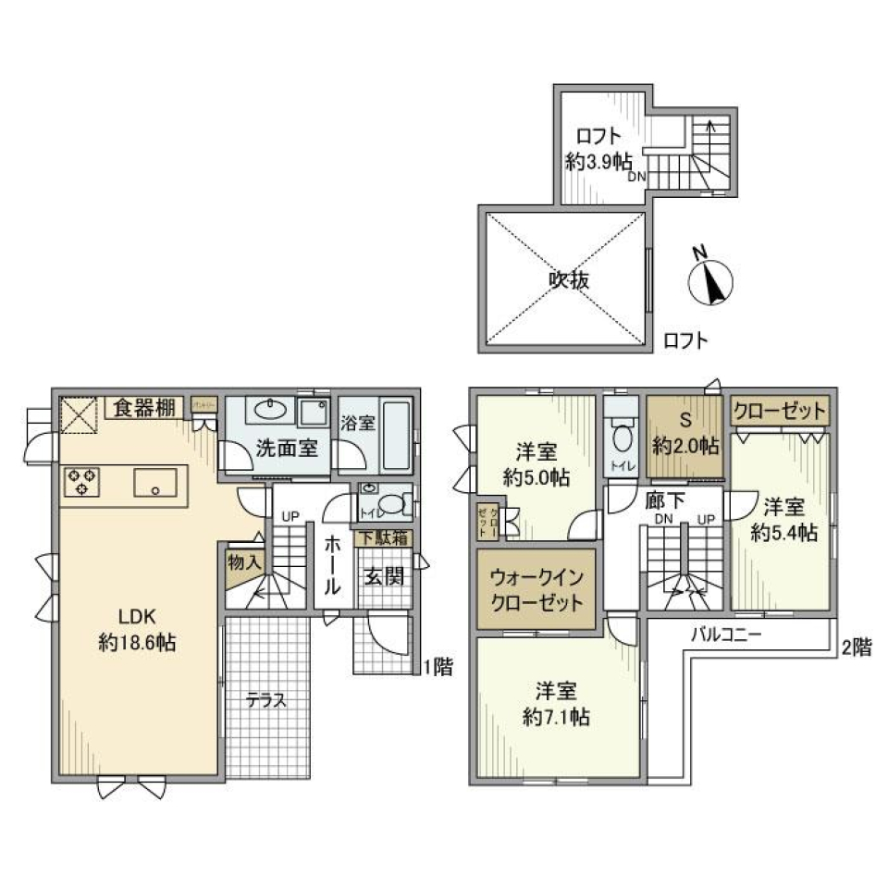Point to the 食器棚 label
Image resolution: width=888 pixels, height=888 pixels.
point(144,408)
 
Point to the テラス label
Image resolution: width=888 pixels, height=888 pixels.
point(265,700)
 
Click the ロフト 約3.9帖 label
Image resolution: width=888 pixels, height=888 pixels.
point(598,148)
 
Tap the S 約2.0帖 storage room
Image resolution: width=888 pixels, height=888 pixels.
point(685,435)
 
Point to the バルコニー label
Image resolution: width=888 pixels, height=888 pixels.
point(726,635)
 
